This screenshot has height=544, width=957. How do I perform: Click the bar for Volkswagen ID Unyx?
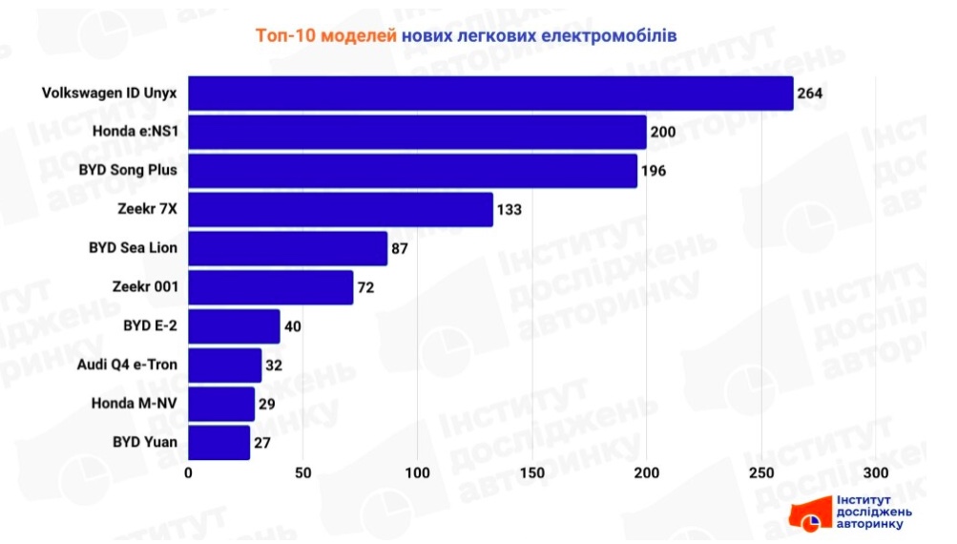click(490, 94)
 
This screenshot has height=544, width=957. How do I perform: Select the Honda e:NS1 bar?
click(417, 132)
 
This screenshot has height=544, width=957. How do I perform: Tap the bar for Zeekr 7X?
click(341, 209)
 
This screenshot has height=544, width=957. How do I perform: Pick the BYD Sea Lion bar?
click(287, 248)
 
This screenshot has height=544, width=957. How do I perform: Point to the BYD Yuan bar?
click(218, 443)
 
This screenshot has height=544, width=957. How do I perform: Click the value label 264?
click(811, 94)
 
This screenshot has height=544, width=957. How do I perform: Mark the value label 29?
click(266, 405)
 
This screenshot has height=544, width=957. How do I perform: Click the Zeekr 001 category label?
click(145, 286)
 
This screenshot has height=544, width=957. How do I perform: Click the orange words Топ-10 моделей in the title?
click(325, 35)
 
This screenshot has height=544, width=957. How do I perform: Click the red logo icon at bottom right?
click(808, 513)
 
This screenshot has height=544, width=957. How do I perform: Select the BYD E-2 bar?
click(234, 326)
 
